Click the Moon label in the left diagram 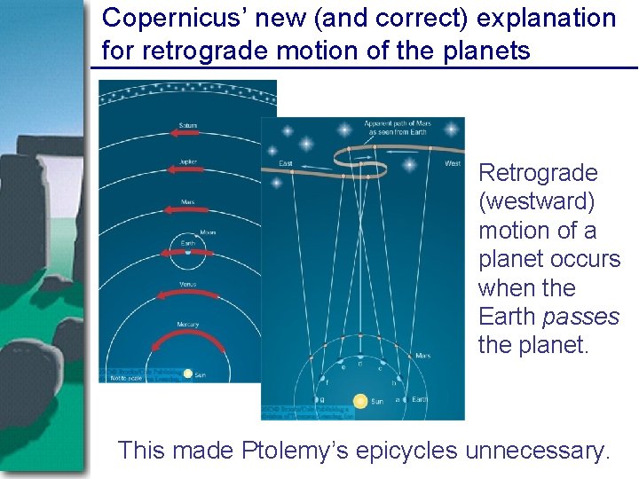point(208,233)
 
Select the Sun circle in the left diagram point(187,373)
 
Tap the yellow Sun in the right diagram point(360,401)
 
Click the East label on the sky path point(286,163)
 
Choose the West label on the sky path point(452,162)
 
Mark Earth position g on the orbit point(309,400)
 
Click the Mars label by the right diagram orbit point(422,356)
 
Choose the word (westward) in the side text point(536,201)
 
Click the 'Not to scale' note point(124,378)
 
